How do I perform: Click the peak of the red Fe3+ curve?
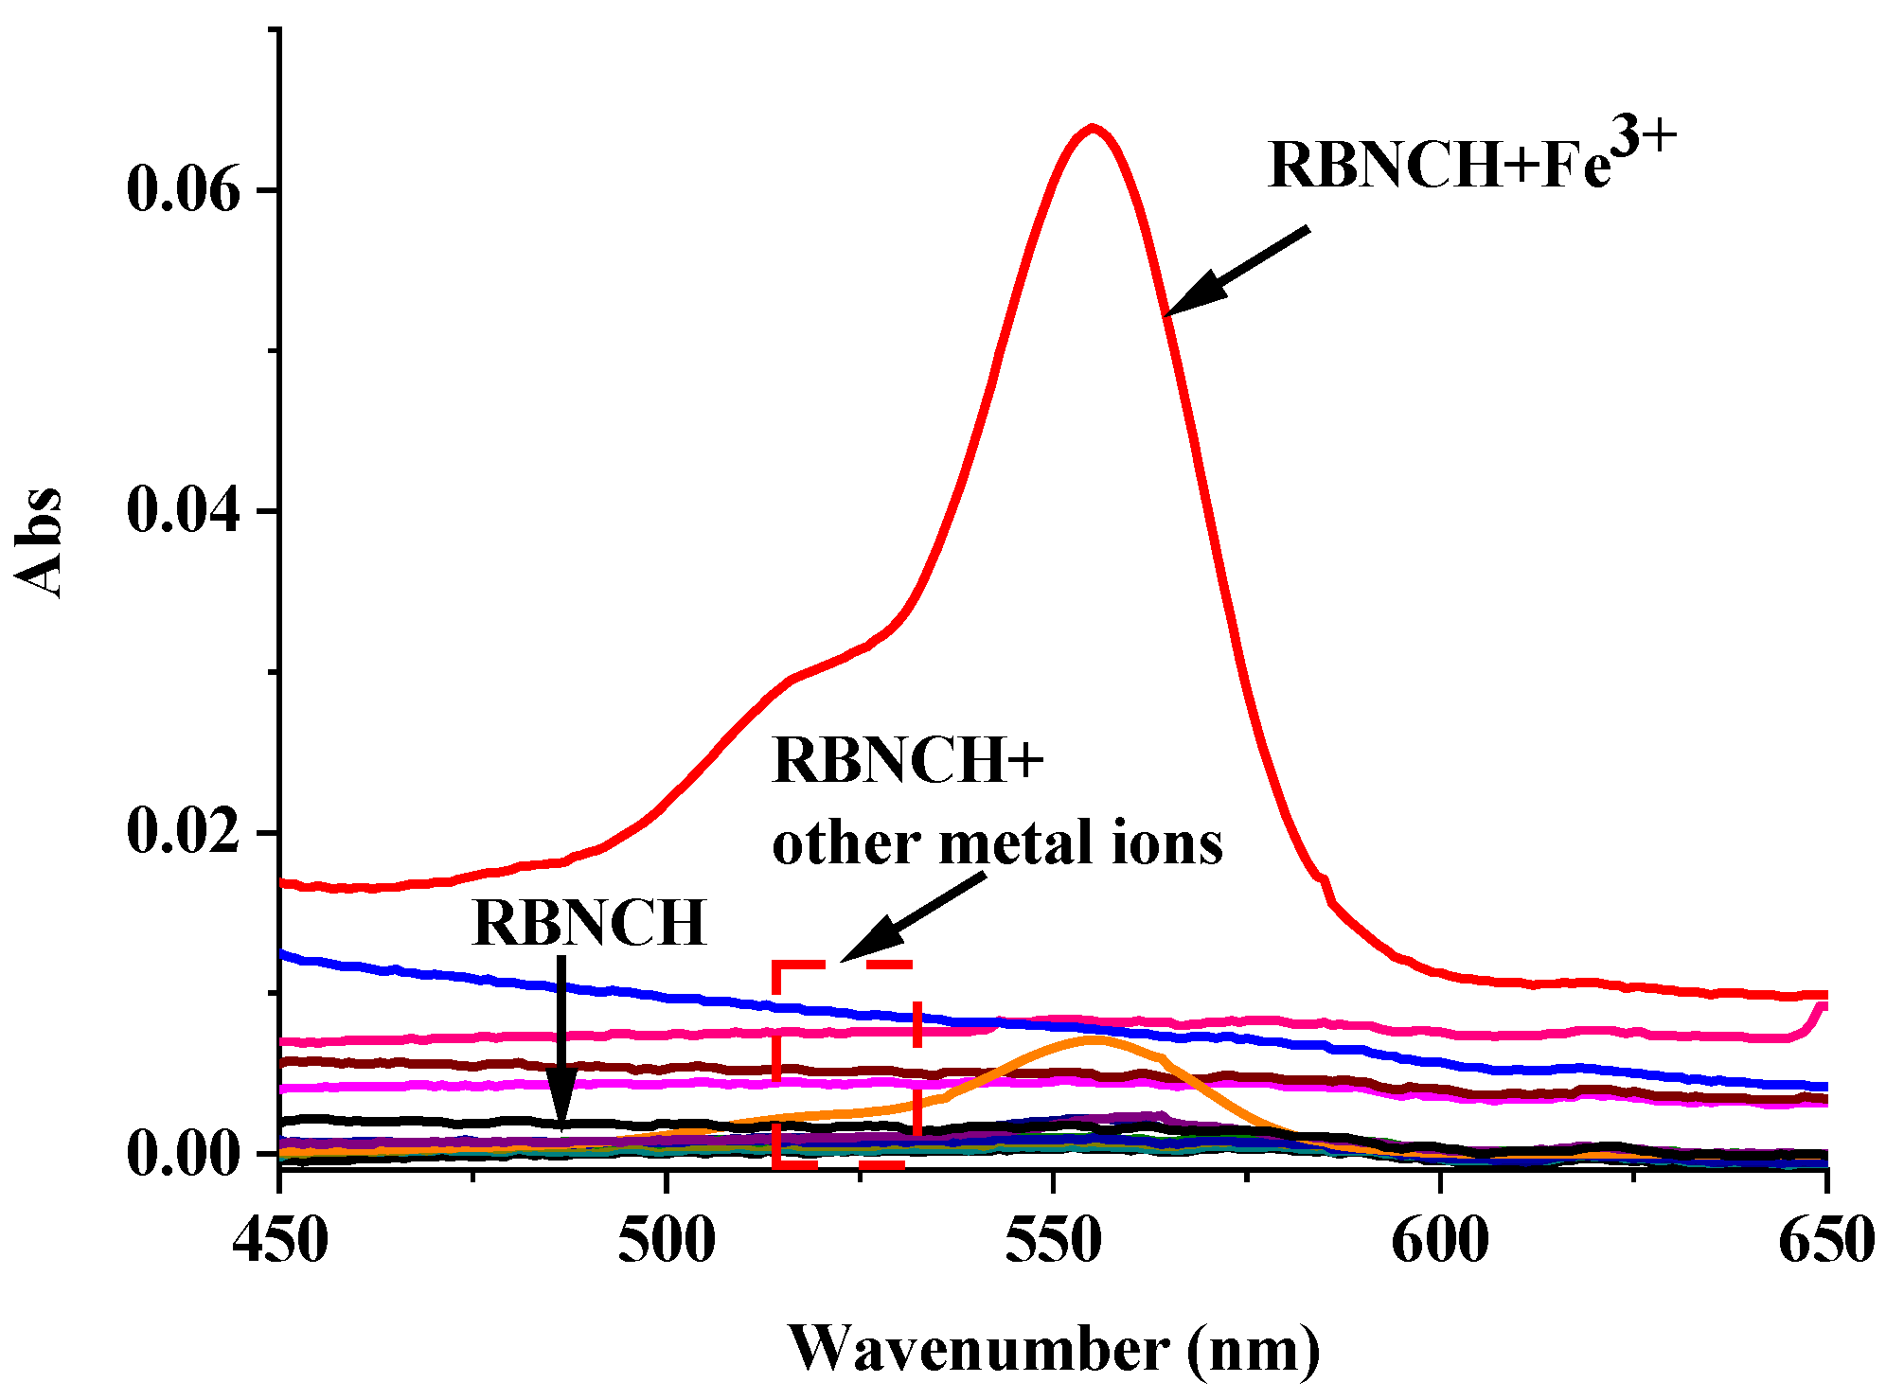1093,128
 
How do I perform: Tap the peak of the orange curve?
1093,1038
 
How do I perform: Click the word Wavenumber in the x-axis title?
980,1349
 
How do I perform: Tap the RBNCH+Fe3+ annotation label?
1439,166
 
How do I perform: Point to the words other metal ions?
997,843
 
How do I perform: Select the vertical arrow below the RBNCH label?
561,1041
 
